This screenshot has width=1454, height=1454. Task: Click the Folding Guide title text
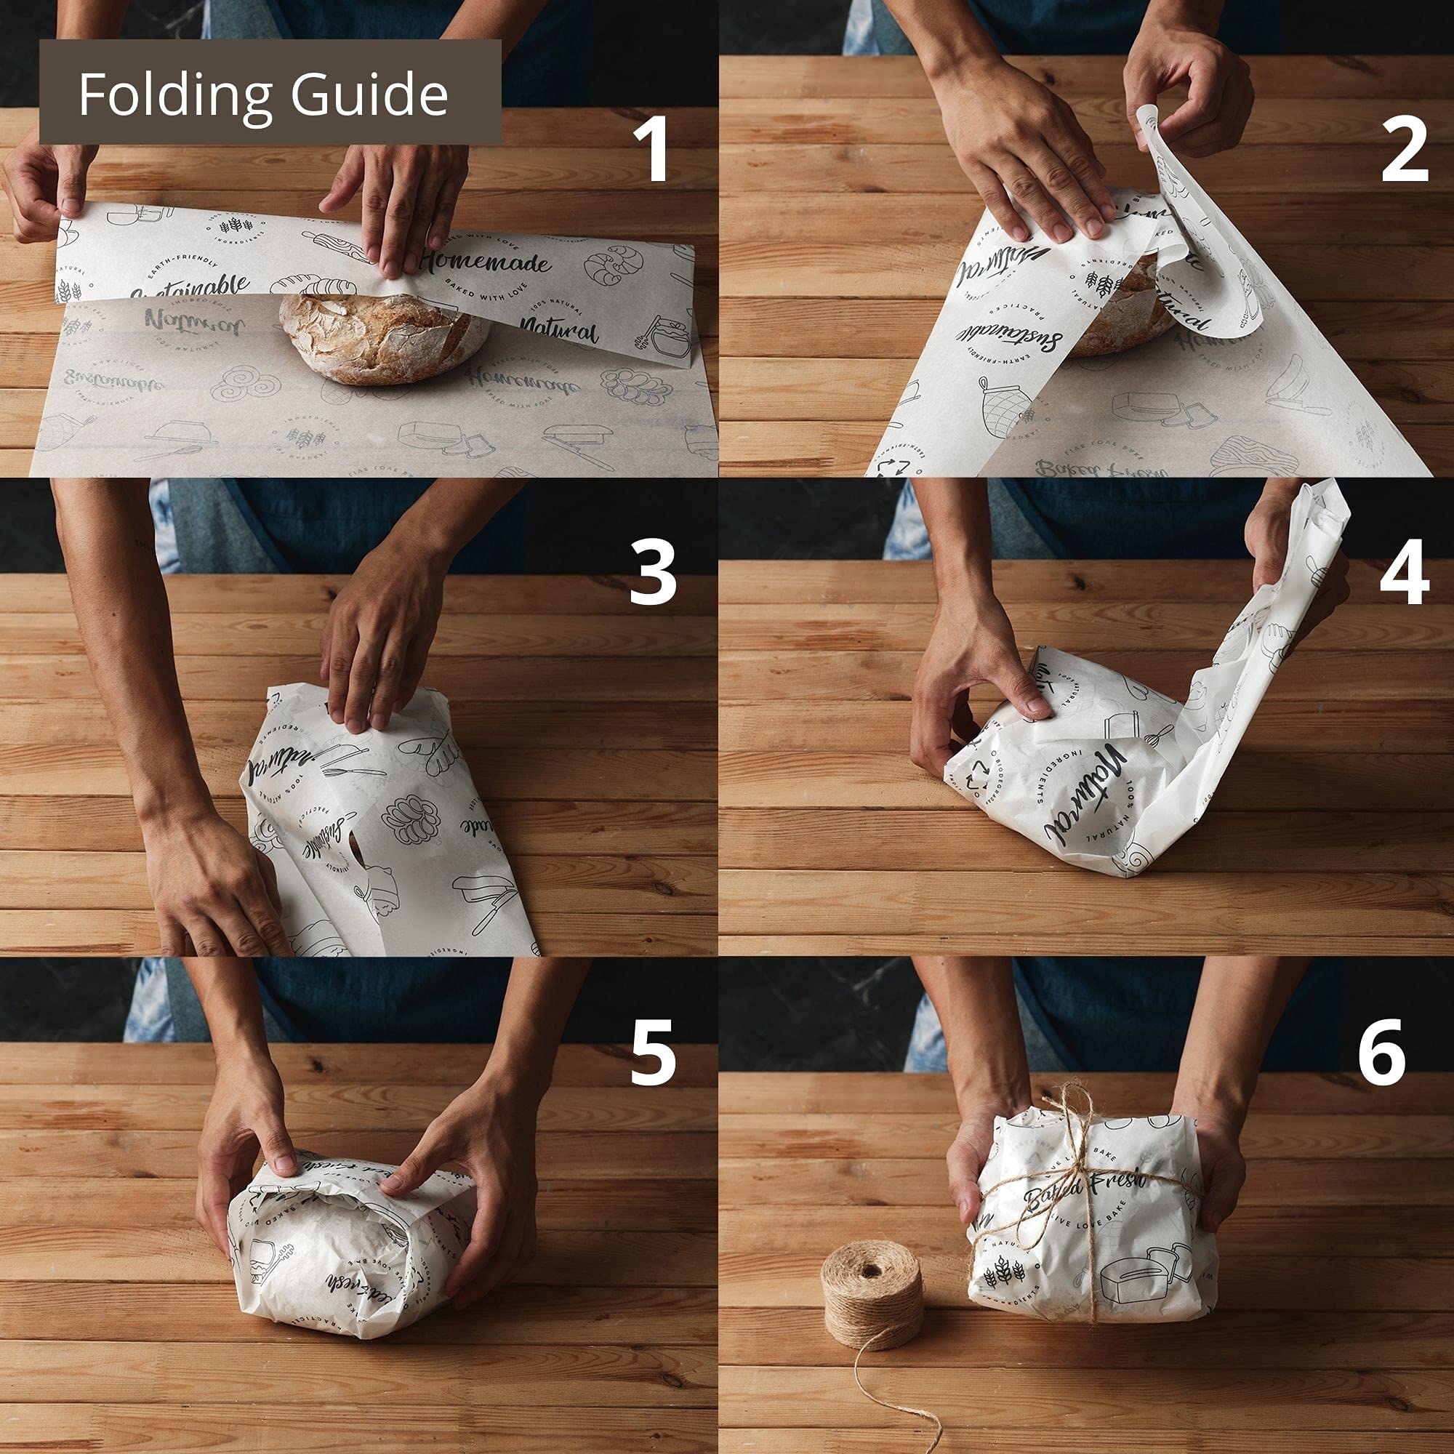tap(263, 94)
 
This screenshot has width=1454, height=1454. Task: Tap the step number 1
tap(651, 150)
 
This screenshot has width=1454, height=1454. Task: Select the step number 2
tap(1405, 150)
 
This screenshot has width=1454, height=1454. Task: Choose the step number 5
tap(651, 1052)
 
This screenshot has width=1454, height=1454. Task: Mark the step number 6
tap(1382, 1052)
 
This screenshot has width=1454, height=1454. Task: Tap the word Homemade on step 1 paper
tap(486, 262)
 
